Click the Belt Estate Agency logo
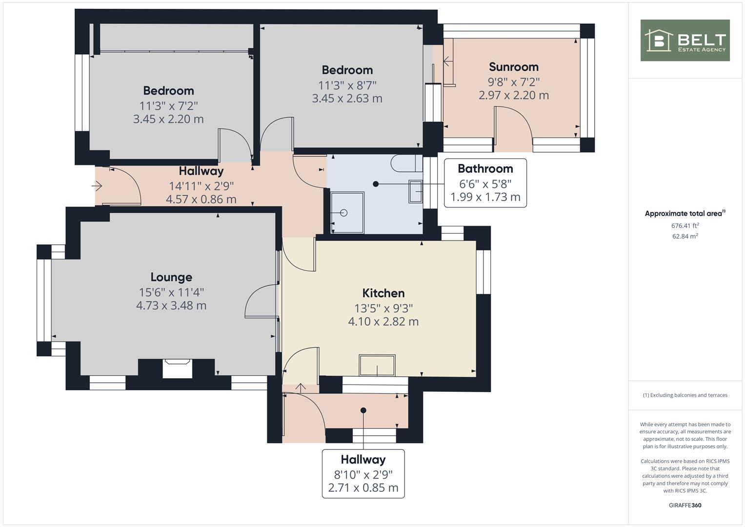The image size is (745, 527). click(685, 40)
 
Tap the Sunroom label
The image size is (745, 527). click(514, 67)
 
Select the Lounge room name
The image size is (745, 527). click(171, 277)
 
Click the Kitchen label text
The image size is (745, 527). click(383, 293)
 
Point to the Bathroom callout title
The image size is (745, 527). click(485, 169)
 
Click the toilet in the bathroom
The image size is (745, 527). click(407, 163)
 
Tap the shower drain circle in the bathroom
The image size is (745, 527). click(344, 213)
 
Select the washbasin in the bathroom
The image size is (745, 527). click(415, 191)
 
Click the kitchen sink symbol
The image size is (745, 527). click(377, 365)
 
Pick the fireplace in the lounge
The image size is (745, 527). click(177, 368)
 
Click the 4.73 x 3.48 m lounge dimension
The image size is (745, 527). click(171, 305)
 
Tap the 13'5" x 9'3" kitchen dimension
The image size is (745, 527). click(383, 308)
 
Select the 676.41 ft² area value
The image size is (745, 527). click(685, 225)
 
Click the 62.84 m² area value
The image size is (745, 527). click(685, 236)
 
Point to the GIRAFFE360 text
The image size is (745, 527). click(685, 505)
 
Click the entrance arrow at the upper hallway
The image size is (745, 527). click(97, 185)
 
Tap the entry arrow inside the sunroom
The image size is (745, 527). click(448, 61)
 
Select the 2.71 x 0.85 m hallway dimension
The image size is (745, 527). click(363, 488)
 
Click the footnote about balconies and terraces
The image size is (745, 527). click(685, 395)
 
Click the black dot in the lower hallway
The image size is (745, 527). click(363, 410)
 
